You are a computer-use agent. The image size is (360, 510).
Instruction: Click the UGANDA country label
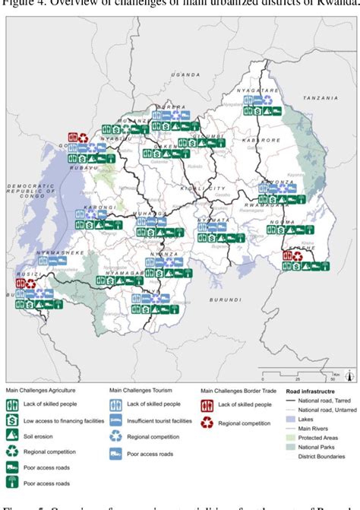[185, 75]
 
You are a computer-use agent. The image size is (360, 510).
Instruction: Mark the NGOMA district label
[282, 223]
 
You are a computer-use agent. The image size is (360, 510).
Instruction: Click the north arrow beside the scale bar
[348, 372]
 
